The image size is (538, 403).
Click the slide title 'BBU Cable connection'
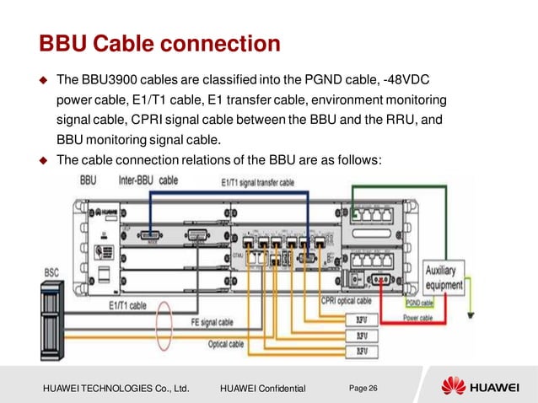[159, 42]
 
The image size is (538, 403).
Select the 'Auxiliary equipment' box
[444, 278]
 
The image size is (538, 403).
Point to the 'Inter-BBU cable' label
[148, 180]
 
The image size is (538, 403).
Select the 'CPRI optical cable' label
[346, 300]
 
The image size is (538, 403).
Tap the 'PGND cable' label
[419, 303]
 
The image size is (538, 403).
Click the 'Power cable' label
[417, 318]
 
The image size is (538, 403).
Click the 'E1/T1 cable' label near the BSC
[127, 304]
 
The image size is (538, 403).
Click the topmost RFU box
[362, 319]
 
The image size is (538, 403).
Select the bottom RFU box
[362, 349]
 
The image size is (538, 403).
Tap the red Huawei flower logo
[454, 387]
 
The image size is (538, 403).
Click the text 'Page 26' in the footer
[363, 387]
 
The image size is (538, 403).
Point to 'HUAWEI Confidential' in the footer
[262, 388]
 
